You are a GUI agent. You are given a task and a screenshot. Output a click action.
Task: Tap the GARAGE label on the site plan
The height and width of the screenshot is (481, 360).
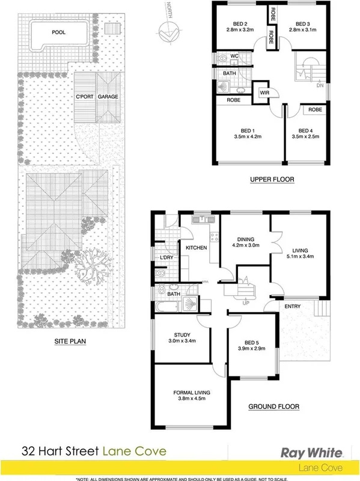point(108,96)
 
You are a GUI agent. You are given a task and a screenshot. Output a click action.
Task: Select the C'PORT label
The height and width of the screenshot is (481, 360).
point(84,96)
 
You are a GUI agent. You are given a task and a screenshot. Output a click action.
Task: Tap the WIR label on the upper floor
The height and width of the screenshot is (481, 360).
point(264,93)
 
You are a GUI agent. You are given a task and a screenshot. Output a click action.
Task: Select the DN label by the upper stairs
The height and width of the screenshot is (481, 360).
point(319,86)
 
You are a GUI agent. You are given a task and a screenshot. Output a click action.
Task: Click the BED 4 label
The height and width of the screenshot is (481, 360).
point(306,130)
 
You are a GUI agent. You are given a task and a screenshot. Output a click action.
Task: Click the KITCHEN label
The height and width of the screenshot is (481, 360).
point(196,248)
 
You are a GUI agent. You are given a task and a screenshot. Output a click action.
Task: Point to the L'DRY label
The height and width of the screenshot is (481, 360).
point(166,258)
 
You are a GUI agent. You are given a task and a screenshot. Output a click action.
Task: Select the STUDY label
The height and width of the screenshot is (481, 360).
point(182,335)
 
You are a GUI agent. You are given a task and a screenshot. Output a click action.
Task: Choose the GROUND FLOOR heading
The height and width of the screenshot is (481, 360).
point(273,407)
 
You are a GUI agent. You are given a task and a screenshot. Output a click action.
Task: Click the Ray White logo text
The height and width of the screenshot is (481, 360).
point(313,452)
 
